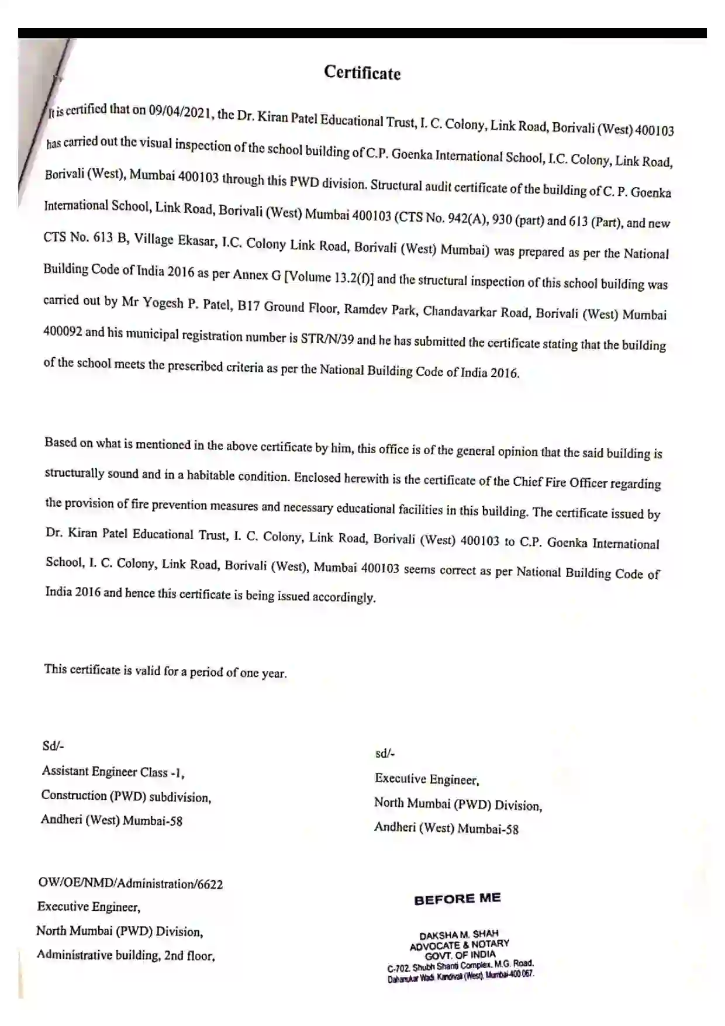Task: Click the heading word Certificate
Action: click(x=362, y=72)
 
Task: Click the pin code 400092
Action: click(x=63, y=331)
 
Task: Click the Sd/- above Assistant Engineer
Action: click(x=53, y=745)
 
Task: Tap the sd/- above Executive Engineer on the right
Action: click(x=385, y=754)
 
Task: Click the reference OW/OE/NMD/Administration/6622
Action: click(x=130, y=883)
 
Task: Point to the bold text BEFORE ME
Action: click(x=457, y=899)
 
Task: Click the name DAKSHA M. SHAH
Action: click(x=459, y=934)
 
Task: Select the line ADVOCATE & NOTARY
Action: click(x=460, y=945)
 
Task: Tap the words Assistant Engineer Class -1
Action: click(x=113, y=772)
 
